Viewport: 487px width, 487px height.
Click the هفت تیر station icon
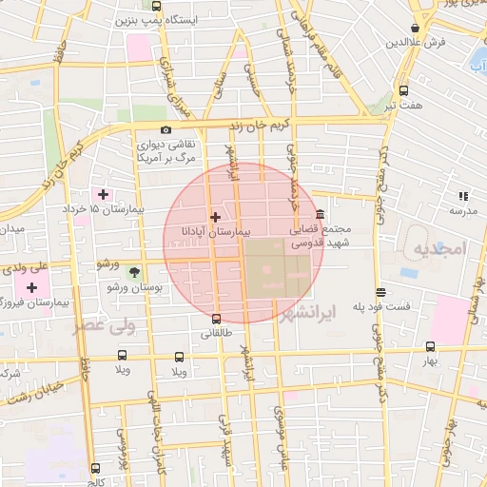click(403, 91)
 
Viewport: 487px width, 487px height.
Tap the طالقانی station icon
click(217, 319)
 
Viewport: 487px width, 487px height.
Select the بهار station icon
click(431, 347)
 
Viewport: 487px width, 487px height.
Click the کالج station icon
click(95, 468)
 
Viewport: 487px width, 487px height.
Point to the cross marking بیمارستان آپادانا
click(214, 218)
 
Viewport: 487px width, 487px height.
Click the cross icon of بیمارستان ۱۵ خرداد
click(103, 194)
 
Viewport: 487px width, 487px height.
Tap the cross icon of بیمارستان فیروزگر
click(33, 287)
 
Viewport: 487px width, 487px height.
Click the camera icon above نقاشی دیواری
click(166, 129)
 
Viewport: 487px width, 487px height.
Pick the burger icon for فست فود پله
click(380, 292)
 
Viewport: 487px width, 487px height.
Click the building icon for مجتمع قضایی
click(320, 215)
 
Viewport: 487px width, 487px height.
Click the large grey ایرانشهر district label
click(305, 312)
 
